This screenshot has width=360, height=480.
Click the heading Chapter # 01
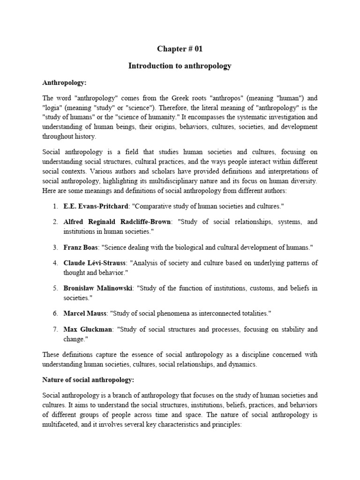[180, 49]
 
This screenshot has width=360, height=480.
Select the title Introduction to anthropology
[180, 66]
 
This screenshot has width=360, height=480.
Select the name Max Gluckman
[88, 329]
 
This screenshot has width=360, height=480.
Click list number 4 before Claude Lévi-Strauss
[55, 262]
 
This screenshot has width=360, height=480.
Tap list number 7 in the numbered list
[55, 329]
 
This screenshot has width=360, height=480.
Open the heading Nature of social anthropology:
[89, 380]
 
